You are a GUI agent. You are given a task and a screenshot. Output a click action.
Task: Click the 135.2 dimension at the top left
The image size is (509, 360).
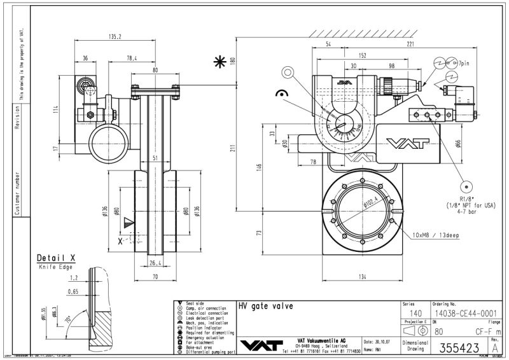[115, 36]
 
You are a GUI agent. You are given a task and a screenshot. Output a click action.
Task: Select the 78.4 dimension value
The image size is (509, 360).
[131, 58]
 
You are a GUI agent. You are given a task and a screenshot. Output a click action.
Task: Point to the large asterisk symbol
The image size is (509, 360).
[220, 62]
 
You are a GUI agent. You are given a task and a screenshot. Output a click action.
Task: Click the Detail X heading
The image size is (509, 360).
[56, 258]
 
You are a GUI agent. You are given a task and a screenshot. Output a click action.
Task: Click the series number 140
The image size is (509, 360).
[415, 313]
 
